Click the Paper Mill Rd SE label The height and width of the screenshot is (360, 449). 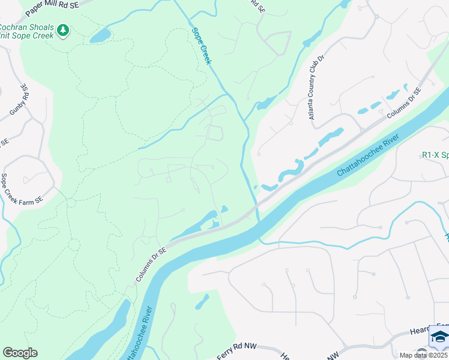(x=52, y=8)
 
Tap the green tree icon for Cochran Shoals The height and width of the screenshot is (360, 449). (x=63, y=30)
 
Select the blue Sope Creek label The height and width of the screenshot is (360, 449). (x=200, y=46)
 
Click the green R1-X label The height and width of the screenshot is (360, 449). (x=435, y=155)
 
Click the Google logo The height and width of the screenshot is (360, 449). (x=20, y=353)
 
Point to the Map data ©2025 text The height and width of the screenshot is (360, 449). (x=424, y=355)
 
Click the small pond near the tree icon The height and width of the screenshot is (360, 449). (x=100, y=35)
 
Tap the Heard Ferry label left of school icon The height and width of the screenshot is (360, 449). (x=409, y=333)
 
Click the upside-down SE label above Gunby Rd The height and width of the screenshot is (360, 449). (x=24, y=88)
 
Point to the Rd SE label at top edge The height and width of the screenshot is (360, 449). (x=256, y=6)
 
